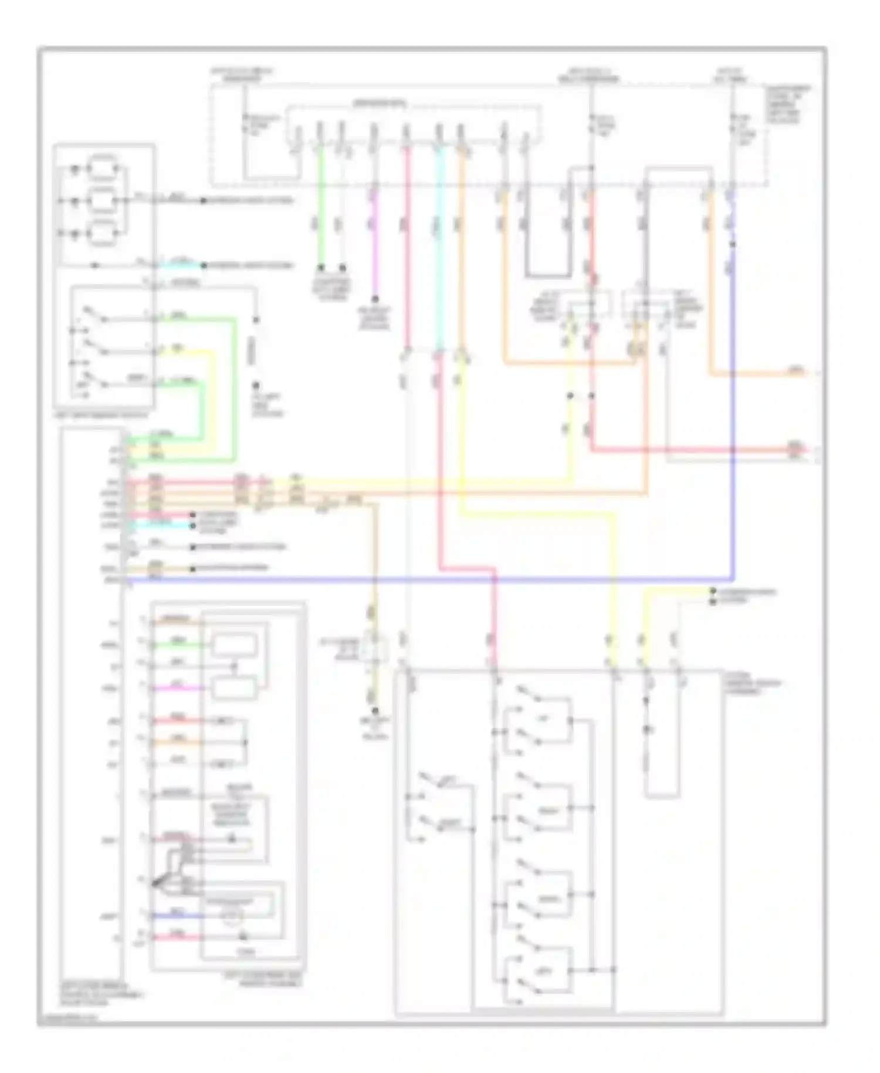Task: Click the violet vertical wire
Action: click(x=375, y=247)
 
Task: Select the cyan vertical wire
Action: click(x=438, y=247)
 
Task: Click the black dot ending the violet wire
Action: click(x=375, y=299)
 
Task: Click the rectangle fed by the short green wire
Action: click(x=234, y=645)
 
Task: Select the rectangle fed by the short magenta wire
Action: click(x=234, y=687)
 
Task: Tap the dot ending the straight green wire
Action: click(x=321, y=267)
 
